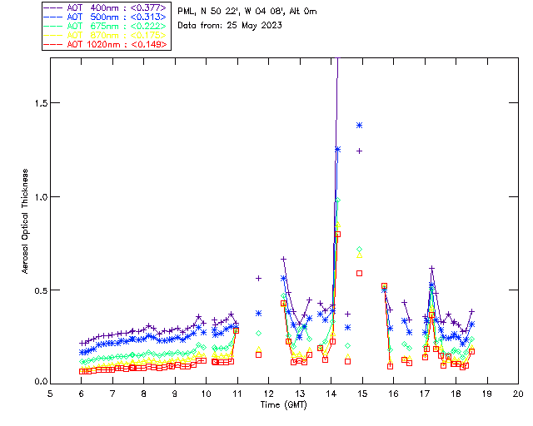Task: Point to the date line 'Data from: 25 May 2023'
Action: coord(230,25)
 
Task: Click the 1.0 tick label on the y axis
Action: coord(38,196)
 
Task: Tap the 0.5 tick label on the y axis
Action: coord(38,290)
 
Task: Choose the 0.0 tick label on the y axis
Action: coord(38,383)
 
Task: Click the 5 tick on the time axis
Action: coord(50,393)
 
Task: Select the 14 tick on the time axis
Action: coord(331,393)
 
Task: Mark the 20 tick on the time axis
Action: coord(518,393)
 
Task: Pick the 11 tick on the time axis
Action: coord(237,393)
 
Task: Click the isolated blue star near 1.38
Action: coord(359,125)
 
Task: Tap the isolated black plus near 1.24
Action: coord(359,151)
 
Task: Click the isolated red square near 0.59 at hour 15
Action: coord(359,273)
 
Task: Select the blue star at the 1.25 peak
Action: coord(337,149)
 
